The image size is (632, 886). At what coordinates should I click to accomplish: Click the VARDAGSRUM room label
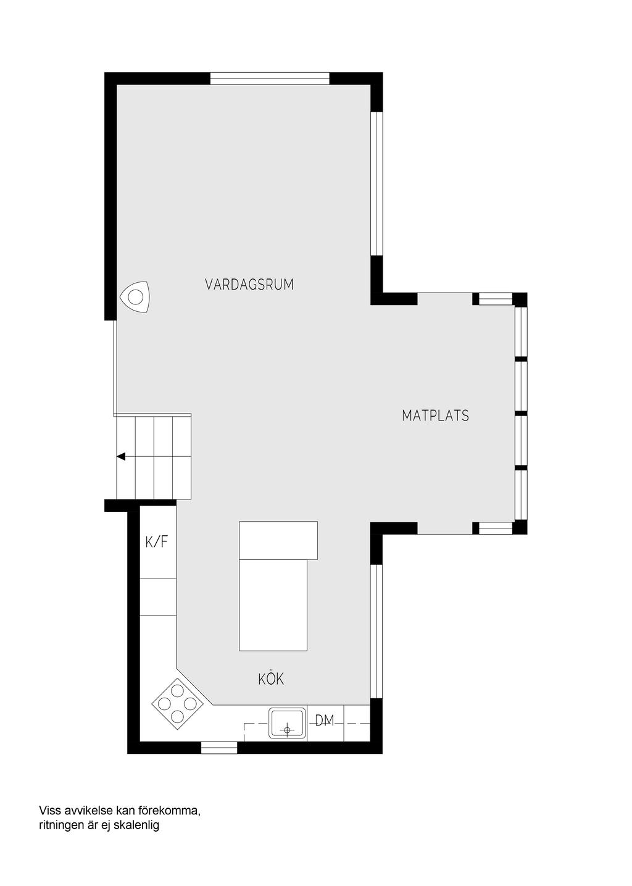pos(249,285)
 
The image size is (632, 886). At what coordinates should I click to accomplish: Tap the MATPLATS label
pos(435,416)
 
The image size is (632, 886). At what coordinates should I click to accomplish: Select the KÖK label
pos(271,679)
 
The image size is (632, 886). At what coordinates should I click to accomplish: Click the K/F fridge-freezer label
pos(157,541)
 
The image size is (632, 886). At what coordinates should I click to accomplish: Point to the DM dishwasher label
pos(324,721)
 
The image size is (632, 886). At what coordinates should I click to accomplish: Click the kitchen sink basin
pos(287,723)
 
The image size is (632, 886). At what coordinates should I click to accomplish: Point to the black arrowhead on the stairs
pos(120,457)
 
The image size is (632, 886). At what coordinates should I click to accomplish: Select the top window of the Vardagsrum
pos(269,78)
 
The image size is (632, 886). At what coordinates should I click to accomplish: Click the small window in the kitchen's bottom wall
pos(219,748)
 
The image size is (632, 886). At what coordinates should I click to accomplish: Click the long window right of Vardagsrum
pos(376,185)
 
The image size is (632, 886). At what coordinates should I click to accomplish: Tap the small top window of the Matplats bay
pos(495,299)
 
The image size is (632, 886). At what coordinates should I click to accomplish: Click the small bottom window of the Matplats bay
pos(495,529)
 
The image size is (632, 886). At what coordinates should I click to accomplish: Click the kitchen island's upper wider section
pos(278,540)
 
